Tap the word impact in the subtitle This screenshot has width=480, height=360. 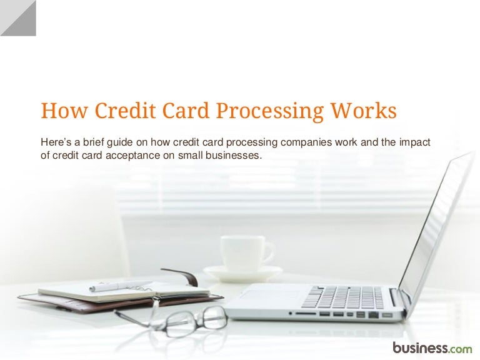pos(416,142)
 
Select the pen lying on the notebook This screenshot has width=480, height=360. pos(119,286)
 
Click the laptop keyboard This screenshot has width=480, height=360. pos(344,297)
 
